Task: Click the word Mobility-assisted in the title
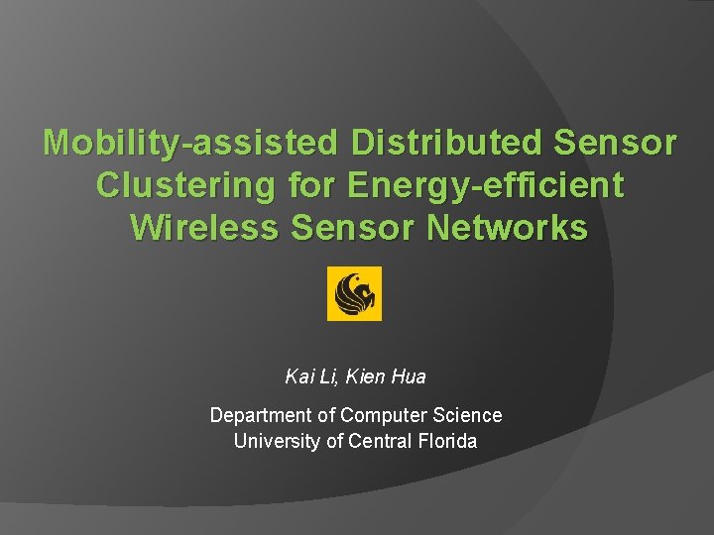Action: [191, 144]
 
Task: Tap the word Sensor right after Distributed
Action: [616, 144]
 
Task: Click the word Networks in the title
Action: [507, 227]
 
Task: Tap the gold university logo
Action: [354, 294]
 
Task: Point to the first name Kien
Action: [367, 376]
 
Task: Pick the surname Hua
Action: [409, 376]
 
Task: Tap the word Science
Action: [469, 415]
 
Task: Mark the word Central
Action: [380, 441]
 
